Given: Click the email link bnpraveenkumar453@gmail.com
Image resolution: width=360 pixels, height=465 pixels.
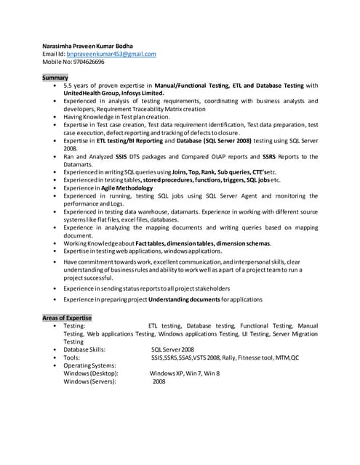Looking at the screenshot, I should click(x=111, y=54).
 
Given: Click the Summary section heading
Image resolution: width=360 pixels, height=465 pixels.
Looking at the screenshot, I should click(x=55, y=77).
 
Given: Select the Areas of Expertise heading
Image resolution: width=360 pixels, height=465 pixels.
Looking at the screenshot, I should click(x=67, y=318).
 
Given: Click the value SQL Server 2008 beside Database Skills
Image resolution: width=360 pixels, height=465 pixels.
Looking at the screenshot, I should click(x=172, y=349).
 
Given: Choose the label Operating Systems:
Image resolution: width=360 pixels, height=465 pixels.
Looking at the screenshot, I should click(x=89, y=365).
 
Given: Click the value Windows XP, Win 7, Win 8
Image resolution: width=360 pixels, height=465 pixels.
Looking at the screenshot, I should click(x=185, y=373).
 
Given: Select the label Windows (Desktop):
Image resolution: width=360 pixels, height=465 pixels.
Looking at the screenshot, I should click(x=91, y=373).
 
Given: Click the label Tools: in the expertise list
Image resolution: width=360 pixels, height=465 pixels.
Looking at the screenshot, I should click(x=71, y=357).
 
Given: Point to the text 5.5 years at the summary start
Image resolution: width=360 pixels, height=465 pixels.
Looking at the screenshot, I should click(x=79, y=86).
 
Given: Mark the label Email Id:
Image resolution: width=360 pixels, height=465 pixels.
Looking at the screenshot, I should click(x=54, y=54).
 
